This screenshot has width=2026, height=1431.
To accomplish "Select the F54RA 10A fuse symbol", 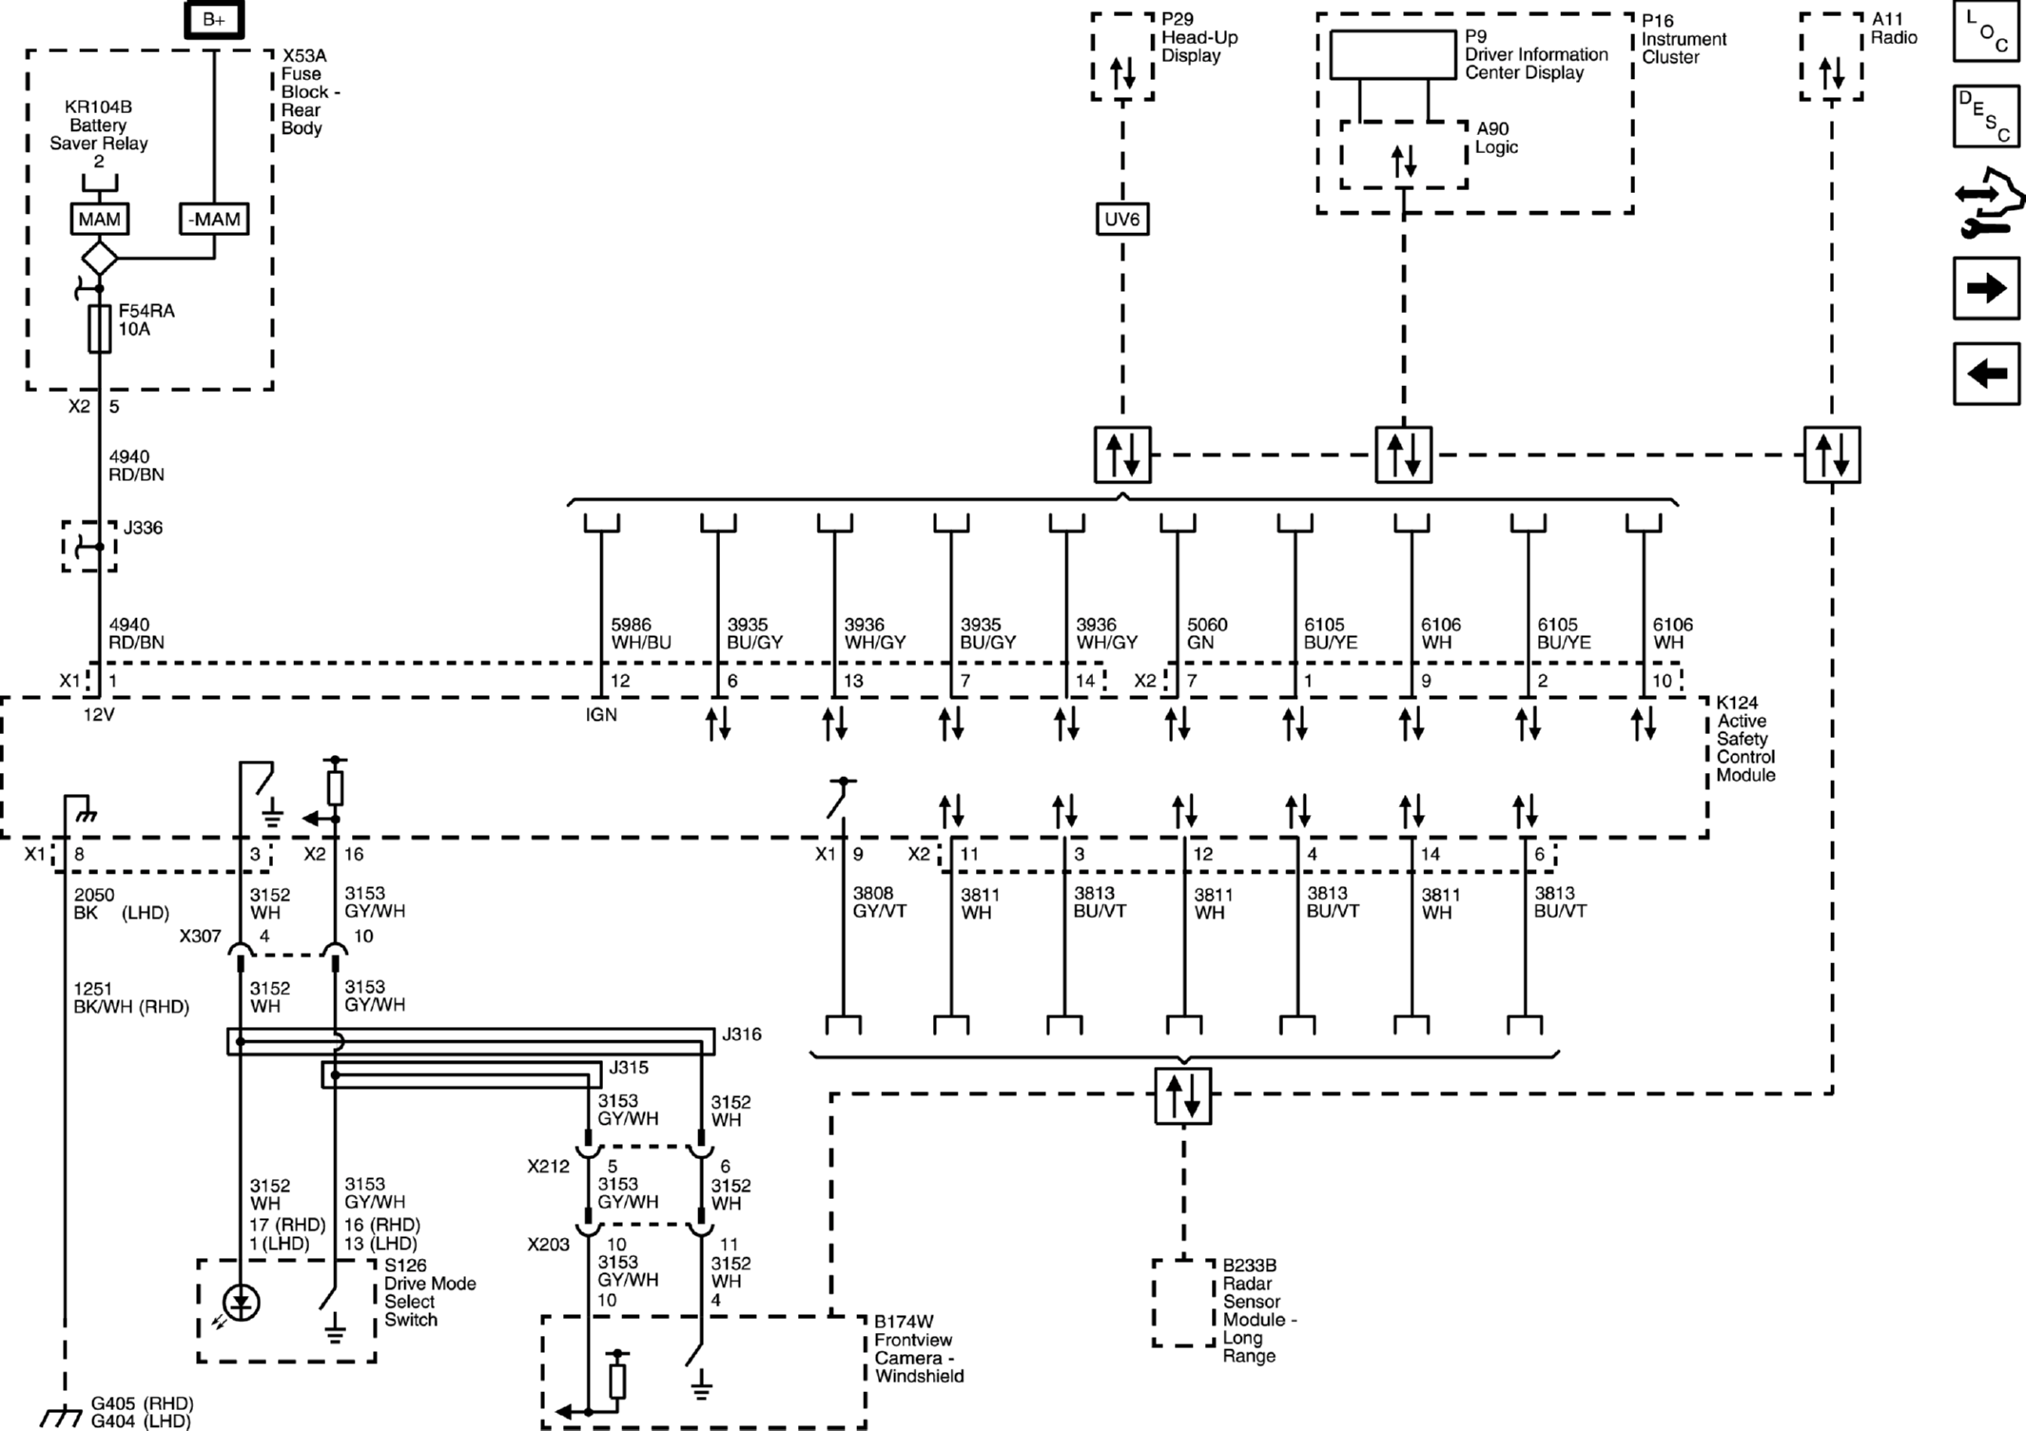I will (x=99, y=329).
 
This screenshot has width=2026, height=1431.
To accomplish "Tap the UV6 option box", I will (x=1121, y=220).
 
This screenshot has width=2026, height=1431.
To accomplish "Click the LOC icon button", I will (x=1986, y=31).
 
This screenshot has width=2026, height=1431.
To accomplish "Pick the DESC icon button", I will (x=1986, y=116).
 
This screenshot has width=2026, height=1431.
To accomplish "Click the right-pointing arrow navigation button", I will (x=1986, y=288).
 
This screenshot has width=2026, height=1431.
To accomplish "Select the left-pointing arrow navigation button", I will (x=1986, y=373).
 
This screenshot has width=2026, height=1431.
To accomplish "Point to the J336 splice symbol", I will (x=90, y=546).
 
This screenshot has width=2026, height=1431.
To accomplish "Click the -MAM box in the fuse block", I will (x=214, y=220).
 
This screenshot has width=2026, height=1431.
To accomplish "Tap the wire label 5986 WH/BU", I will (x=640, y=633).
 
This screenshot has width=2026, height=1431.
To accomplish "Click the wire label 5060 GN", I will (x=1207, y=633).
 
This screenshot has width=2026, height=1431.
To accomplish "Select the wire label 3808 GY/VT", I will (x=879, y=902).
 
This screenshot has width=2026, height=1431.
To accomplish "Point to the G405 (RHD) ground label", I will (x=143, y=1403).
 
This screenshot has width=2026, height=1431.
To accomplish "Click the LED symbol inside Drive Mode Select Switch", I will (x=241, y=1304).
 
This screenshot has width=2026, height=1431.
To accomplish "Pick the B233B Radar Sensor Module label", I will (x=1258, y=1310).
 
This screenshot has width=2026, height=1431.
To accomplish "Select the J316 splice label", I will (x=741, y=1035).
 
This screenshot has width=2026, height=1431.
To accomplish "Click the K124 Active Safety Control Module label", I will (x=1745, y=739).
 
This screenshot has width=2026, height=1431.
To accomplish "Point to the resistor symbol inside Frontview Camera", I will (x=616, y=1381).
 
